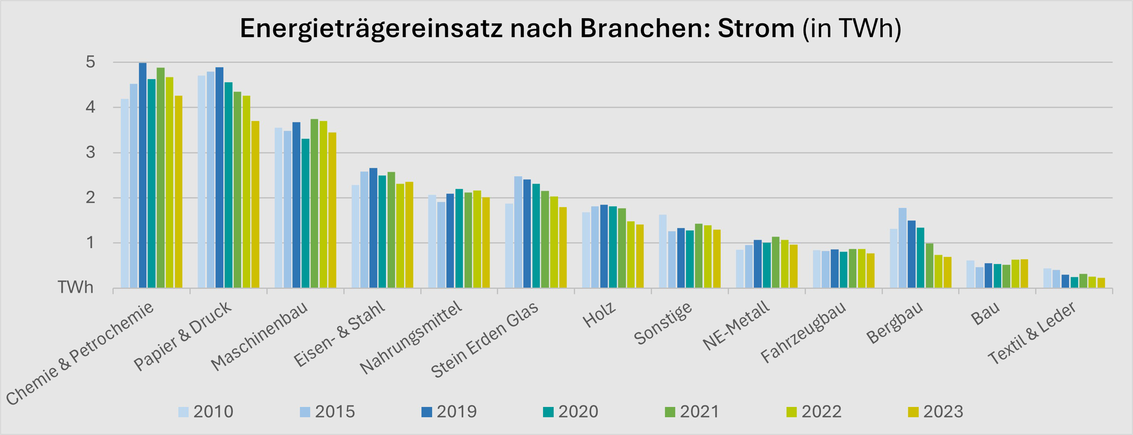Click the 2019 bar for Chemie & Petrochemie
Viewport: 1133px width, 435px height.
[142, 176]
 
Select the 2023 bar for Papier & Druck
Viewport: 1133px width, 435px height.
[255, 205]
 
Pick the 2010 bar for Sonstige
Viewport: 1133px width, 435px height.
[663, 251]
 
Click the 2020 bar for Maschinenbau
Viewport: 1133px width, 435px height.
[305, 213]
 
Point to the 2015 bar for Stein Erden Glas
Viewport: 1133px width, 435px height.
[518, 233]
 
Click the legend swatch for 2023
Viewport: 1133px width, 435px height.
[913, 412]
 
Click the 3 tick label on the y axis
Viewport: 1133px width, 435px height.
[90, 153]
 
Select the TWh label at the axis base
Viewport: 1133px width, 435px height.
[76, 288]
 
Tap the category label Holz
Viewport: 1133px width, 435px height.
[599, 315]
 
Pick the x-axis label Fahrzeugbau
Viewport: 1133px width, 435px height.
[803, 333]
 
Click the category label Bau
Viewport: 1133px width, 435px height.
[985, 314]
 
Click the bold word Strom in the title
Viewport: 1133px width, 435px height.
[756, 29]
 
